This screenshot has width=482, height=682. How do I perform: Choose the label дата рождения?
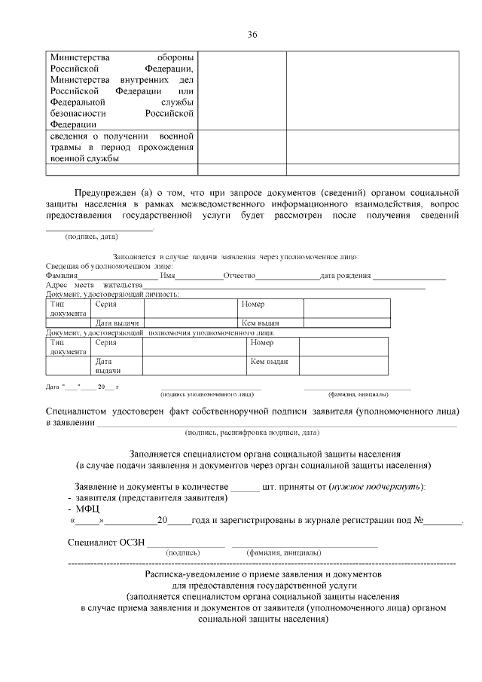(345, 276)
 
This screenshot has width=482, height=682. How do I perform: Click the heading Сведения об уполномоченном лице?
(109, 266)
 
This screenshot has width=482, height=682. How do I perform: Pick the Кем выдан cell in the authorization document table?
(269, 361)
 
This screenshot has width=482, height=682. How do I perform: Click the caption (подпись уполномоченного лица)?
(207, 393)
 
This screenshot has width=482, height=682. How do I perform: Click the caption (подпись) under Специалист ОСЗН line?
(184, 552)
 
